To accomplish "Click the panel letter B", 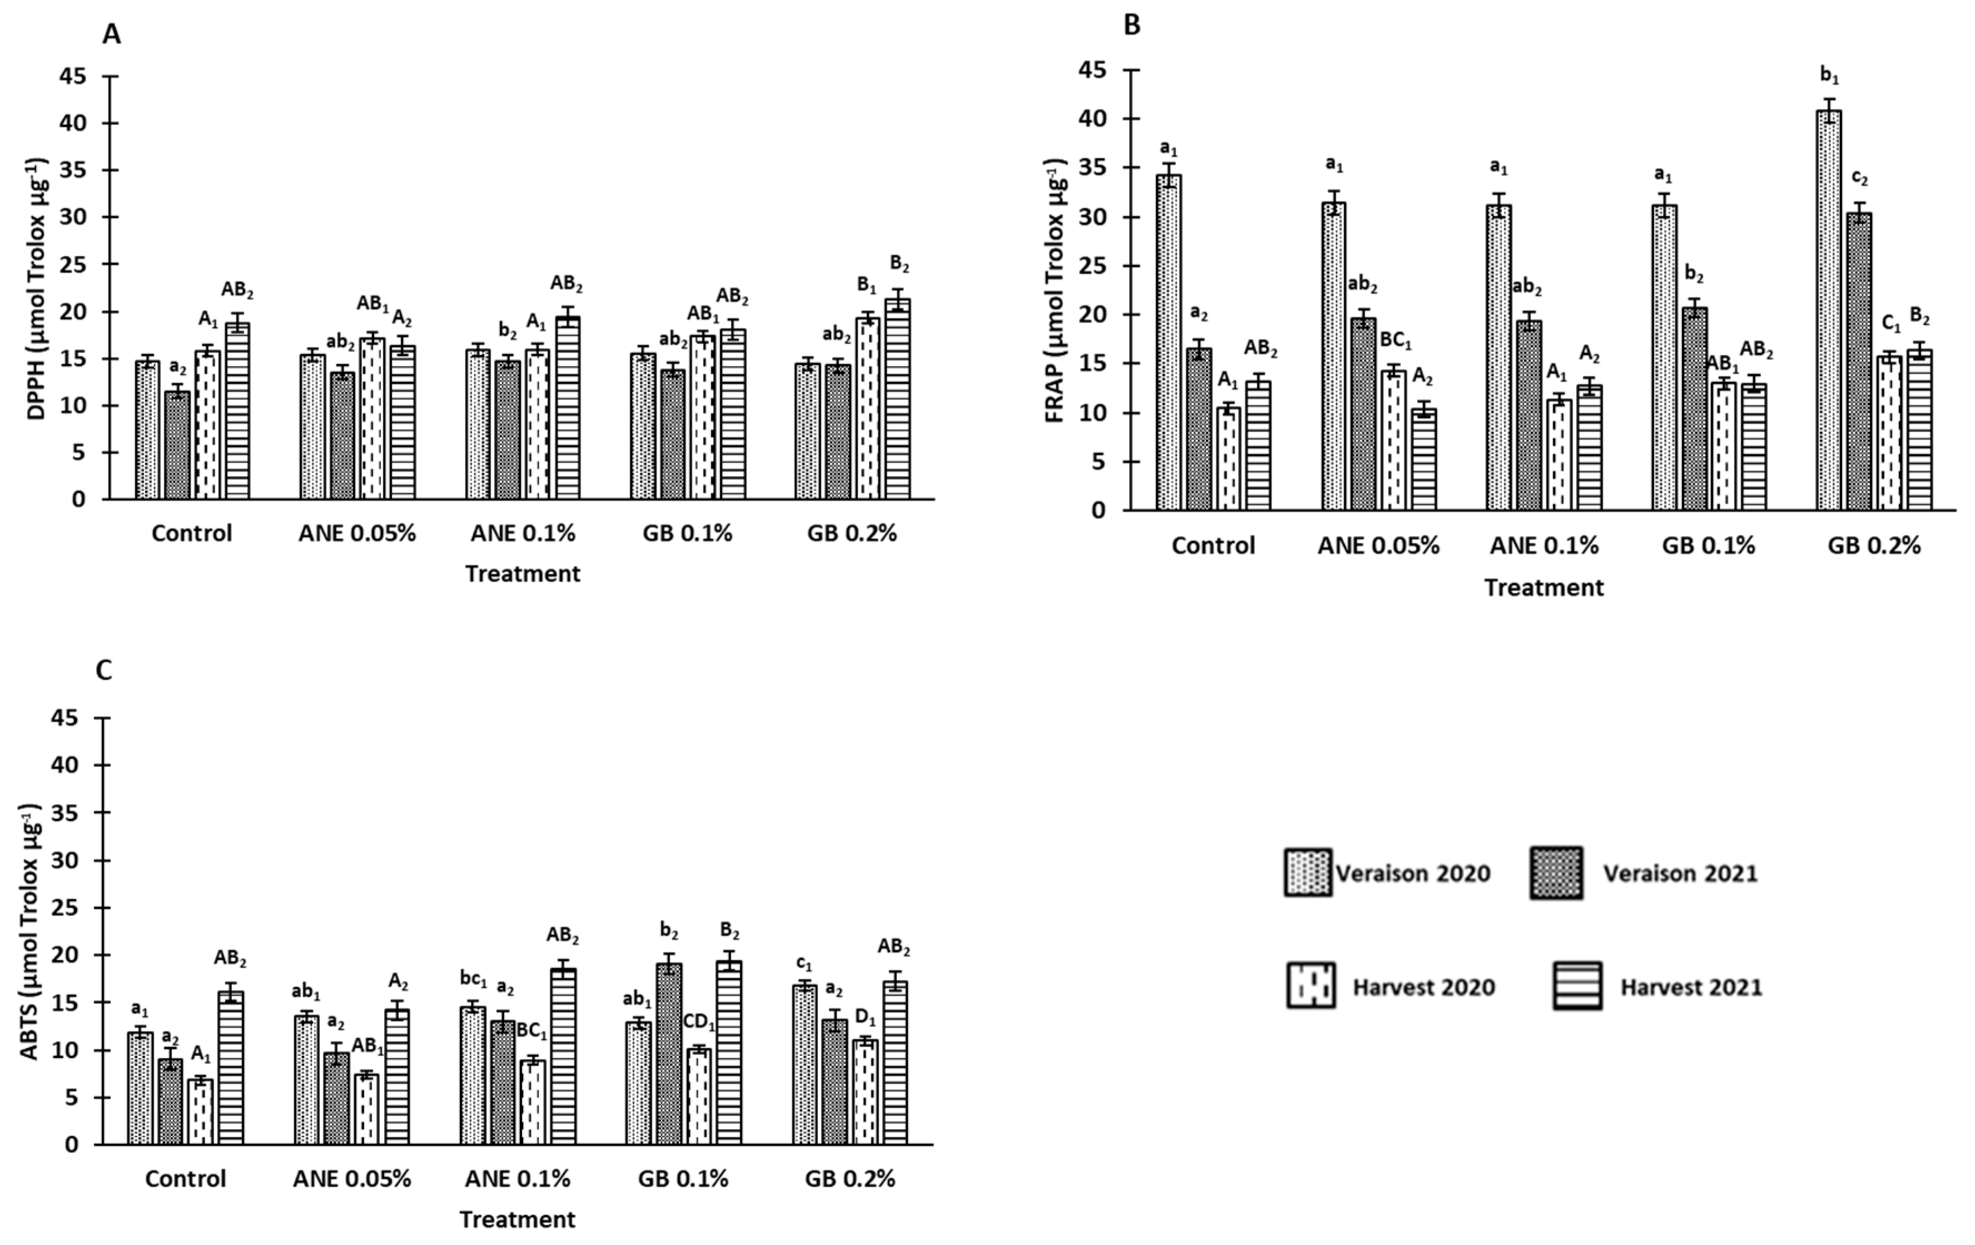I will pyautogui.click(x=1132, y=26).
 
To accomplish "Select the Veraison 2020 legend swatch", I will pyautogui.click(x=1307, y=872).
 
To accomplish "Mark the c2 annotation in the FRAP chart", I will pyautogui.click(x=1859, y=179).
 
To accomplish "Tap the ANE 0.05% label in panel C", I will pyautogui.click(x=352, y=1179).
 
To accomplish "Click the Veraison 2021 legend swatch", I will pyautogui.click(x=1556, y=872).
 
